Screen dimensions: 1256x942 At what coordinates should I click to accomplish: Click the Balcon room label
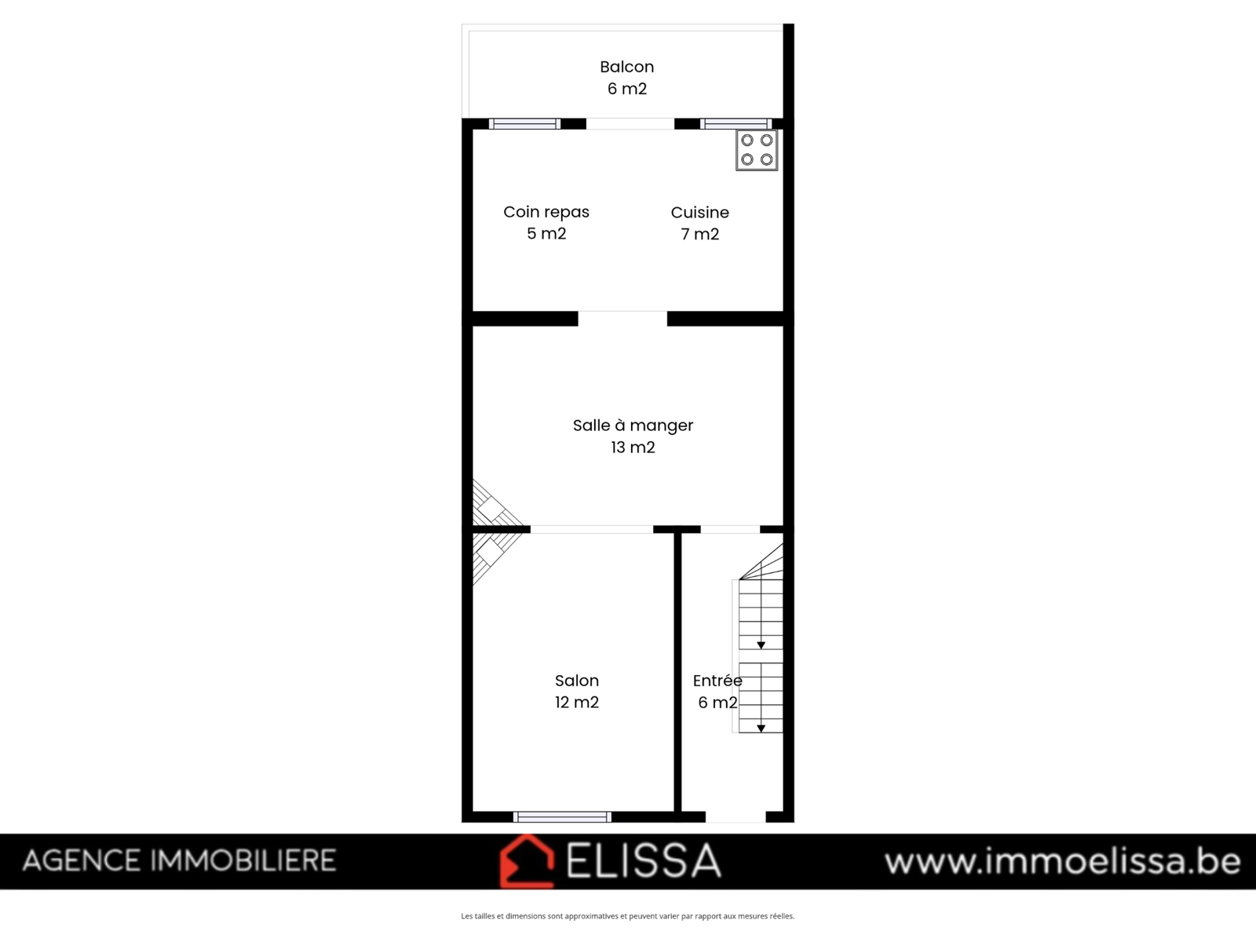tap(626, 67)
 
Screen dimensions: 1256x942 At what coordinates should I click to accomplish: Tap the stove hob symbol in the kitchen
tap(757, 150)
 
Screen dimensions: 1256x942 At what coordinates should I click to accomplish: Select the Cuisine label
tap(699, 213)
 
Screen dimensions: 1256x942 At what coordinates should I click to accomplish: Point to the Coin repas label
tap(546, 212)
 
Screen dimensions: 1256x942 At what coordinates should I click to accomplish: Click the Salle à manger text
tap(633, 425)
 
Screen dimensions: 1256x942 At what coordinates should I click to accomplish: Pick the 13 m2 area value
tap(633, 447)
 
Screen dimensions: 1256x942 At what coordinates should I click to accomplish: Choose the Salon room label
tap(577, 681)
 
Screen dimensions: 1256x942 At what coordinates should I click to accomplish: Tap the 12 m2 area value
tap(577, 703)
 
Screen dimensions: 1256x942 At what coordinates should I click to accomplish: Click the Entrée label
tap(717, 681)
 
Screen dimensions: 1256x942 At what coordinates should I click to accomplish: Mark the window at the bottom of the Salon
tap(562, 816)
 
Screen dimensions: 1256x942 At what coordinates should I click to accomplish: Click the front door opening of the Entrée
tap(736, 816)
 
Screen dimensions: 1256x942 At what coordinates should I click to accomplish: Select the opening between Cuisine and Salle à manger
tap(623, 319)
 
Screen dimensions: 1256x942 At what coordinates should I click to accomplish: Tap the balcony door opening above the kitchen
tap(630, 123)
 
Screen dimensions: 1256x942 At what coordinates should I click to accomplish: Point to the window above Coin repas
tap(524, 123)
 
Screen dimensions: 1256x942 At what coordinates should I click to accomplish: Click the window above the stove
tap(736, 123)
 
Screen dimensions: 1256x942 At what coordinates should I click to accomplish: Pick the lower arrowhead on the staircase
tap(761, 728)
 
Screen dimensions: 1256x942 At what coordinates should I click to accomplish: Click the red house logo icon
tap(527, 861)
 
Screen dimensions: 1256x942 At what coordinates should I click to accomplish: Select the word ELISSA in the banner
tap(643, 861)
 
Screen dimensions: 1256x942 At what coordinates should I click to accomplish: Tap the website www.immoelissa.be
tap(1063, 861)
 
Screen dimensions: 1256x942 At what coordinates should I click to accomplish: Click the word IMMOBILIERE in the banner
tap(243, 861)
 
